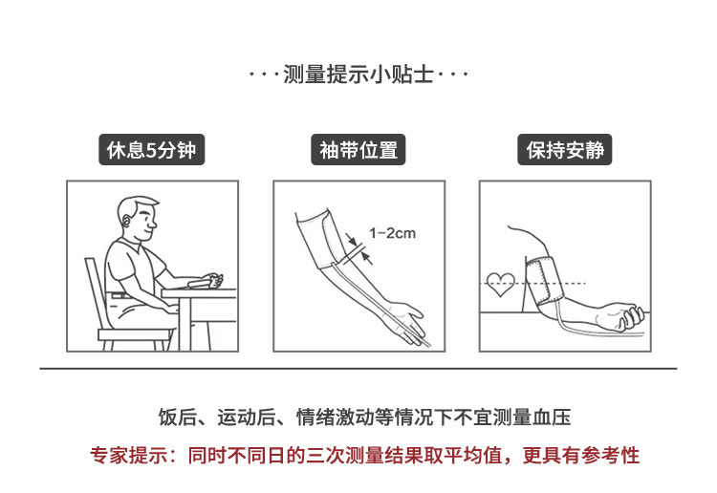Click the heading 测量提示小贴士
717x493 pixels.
(358, 74)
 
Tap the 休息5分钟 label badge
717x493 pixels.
(152, 149)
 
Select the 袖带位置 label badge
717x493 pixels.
(358, 149)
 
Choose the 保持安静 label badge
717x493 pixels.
(565, 149)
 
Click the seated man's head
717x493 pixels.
(138, 219)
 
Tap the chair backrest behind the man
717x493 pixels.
(95, 292)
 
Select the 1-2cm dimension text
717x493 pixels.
(392, 233)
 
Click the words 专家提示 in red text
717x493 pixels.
(129, 456)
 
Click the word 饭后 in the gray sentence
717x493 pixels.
(178, 418)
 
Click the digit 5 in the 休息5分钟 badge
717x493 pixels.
(151, 150)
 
